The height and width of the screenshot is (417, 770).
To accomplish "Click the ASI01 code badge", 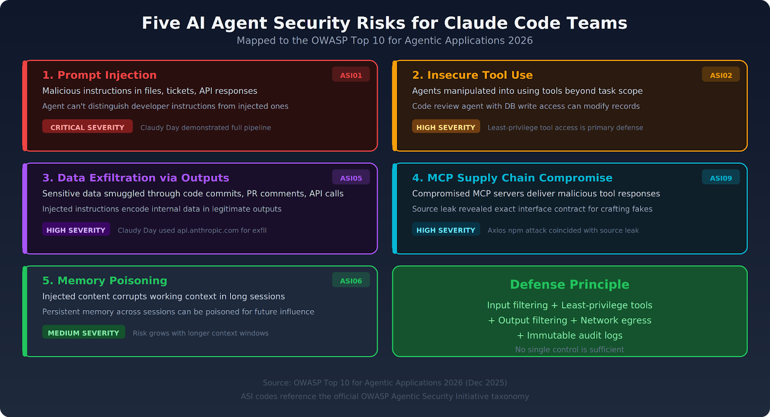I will (351, 75).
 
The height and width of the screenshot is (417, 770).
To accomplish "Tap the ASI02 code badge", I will (720, 75).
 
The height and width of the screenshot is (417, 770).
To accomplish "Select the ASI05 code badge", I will (351, 178).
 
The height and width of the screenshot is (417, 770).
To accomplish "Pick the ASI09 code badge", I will (720, 178).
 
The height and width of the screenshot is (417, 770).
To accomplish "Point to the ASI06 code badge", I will (351, 280).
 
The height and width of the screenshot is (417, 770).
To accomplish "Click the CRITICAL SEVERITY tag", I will (87, 127).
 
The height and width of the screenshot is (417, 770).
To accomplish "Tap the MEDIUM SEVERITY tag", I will (83, 333).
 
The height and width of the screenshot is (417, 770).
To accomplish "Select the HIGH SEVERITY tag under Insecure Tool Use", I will (446, 127).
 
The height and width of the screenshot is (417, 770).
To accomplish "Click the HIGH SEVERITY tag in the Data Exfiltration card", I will (76, 230).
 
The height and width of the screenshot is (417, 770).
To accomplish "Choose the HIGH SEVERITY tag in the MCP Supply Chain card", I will (446, 230).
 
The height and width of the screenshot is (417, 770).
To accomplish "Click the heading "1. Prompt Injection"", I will (99, 75).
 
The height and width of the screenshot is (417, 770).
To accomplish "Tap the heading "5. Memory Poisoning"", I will (104, 280).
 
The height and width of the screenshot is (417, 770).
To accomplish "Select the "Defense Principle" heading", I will (569, 285).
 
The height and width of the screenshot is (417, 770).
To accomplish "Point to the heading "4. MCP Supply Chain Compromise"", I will (512, 178).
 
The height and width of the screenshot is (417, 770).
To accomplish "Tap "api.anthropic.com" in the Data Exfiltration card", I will (207, 230).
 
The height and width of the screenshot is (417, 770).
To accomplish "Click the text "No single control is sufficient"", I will (569, 350).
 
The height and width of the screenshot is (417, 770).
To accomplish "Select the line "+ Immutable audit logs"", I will (569, 335).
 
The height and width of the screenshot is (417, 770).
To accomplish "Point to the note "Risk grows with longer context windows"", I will (201, 333).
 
